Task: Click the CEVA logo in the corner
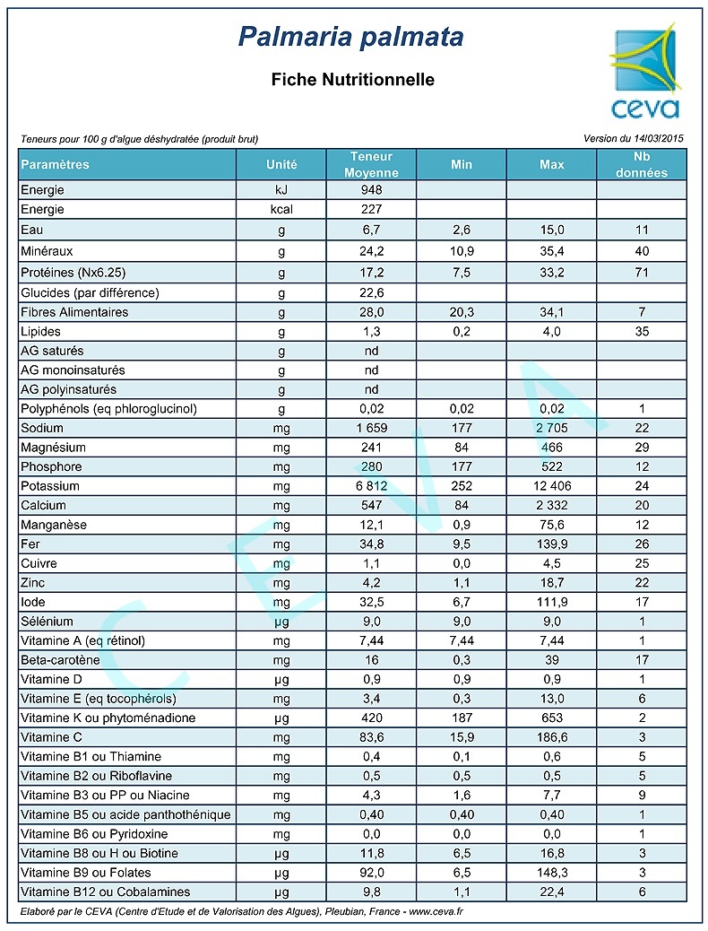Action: (643, 74)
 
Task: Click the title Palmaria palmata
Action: (351, 37)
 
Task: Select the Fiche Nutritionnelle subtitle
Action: (352, 80)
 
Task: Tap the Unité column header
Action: (281, 165)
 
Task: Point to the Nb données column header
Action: (641, 165)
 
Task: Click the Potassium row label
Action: (50, 486)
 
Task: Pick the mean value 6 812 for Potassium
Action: (371, 486)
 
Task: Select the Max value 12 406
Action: (551, 486)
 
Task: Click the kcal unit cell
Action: (281, 209)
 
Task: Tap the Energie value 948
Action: (371, 190)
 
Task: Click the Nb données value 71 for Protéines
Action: (641, 272)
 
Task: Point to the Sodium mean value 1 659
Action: (371, 429)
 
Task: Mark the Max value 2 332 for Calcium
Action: (551, 506)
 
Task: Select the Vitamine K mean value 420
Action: (371, 718)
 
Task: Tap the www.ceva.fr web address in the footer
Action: (436, 912)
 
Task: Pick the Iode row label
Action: (33, 602)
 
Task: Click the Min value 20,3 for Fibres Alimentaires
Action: (461, 312)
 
